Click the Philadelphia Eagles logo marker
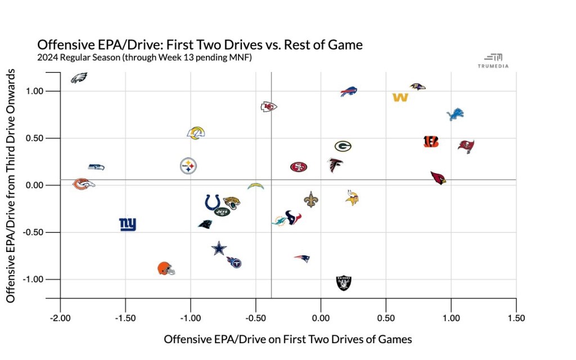pos(79,78)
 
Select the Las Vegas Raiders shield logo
pos(344,282)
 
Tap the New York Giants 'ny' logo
pos(128,225)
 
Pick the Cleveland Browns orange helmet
pos(166,268)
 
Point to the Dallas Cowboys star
pos(219,248)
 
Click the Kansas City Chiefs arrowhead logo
pos(269,107)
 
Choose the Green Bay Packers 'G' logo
pos(343,146)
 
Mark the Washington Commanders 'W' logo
pos(400,97)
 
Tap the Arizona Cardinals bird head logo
pos(438,178)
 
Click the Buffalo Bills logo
pos(349,92)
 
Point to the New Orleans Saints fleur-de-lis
pos(310,199)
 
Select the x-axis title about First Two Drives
pos(288,340)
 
